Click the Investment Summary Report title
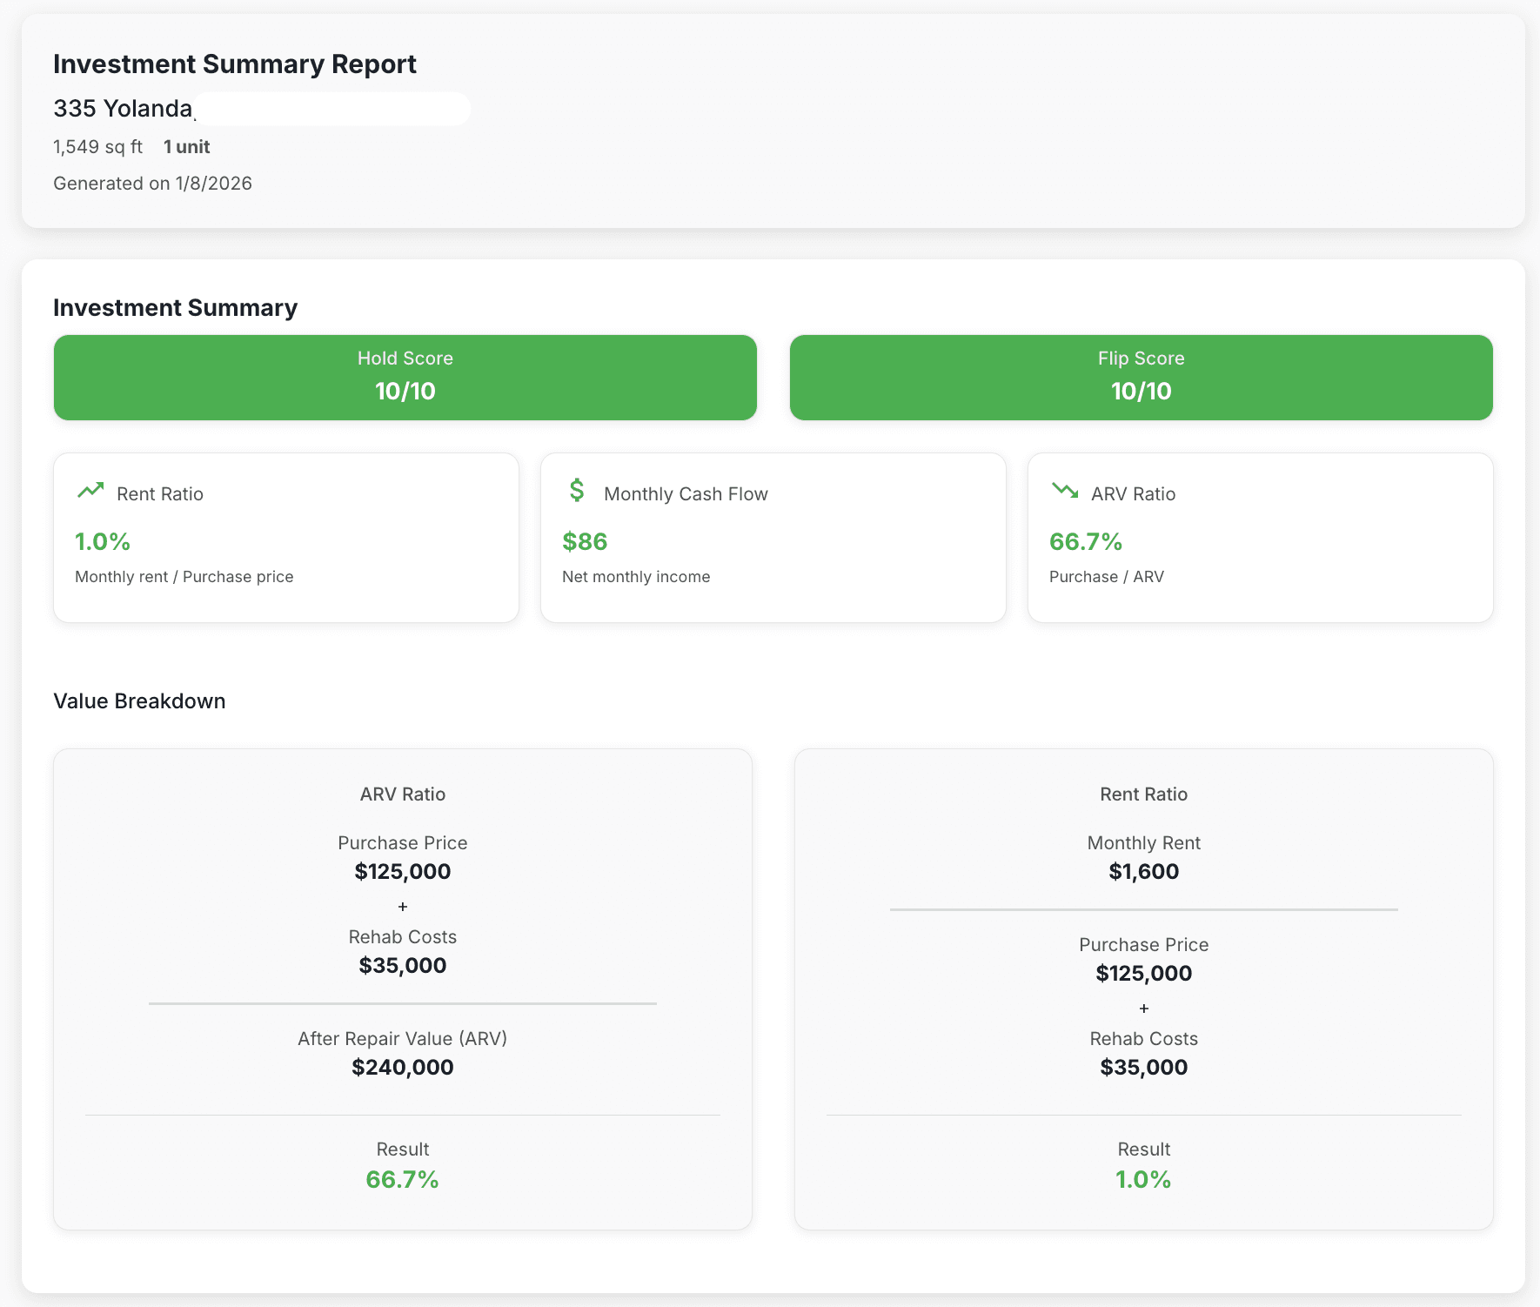[234, 64]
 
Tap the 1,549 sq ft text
[97, 147]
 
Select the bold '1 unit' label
[187, 147]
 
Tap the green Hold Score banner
[405, 378]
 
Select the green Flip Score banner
[1141, 378]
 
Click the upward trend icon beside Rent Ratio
[90, 491]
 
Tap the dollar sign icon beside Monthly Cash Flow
[576, 491]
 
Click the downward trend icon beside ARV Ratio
[1064, 491]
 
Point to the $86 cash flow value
[585, 541]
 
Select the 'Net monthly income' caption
[635, 577]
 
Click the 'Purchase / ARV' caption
[1106, 577]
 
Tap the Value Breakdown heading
[139, 701]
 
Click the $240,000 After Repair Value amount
[402, 1068]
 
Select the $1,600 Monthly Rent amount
[1143, 872]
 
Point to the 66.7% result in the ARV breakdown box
[402, 1180]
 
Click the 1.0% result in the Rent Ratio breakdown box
[1143, 1180]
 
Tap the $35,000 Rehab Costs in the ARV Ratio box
[402, 966]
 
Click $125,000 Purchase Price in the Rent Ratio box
[1143, 974]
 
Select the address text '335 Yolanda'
[123, 109]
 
